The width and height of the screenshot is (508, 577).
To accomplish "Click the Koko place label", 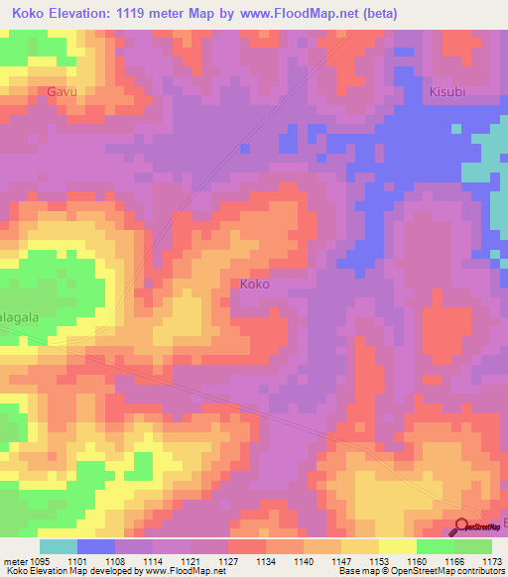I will [255, 284].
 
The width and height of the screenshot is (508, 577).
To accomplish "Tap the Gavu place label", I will [62, 91].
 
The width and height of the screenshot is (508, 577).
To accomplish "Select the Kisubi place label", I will [447, 91].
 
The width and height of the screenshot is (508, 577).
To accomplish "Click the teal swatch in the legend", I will [59, 546].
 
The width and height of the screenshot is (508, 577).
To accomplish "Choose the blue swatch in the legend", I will [96, 546].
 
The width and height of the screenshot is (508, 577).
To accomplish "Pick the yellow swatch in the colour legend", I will [398, 546].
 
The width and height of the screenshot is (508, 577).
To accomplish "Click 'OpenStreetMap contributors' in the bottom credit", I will [441, 572].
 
